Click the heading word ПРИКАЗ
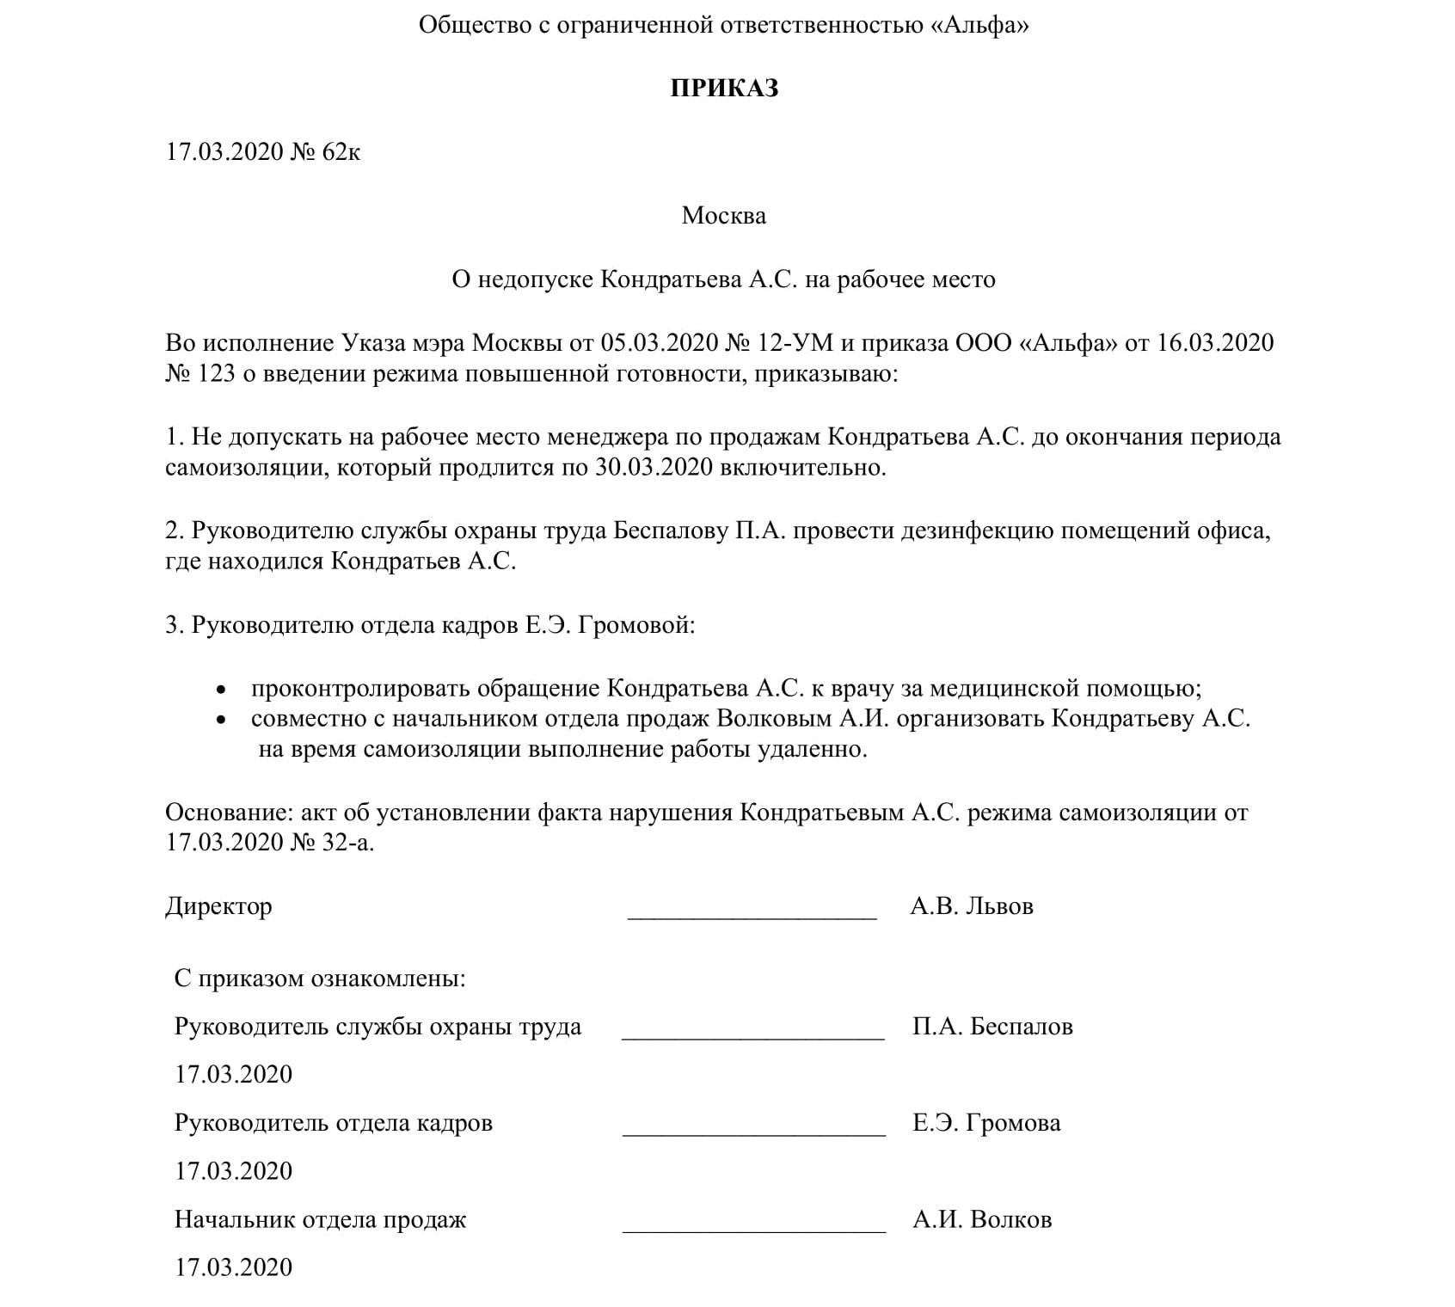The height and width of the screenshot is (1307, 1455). (724, 89)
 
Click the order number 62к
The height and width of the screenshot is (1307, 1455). (341, 152)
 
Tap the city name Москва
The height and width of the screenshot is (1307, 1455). (723, 215)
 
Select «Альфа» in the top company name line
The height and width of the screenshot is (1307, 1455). (979, 26)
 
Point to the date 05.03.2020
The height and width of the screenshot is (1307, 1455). (659, 343)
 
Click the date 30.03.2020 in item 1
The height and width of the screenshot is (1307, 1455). (652, 468)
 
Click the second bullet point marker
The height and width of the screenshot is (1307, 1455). (222, 720)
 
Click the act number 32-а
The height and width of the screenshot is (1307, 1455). (346, 842)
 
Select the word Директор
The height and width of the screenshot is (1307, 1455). (218, 906)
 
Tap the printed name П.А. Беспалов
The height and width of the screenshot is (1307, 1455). (992, 1027)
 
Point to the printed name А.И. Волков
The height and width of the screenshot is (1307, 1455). (982, 1220)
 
